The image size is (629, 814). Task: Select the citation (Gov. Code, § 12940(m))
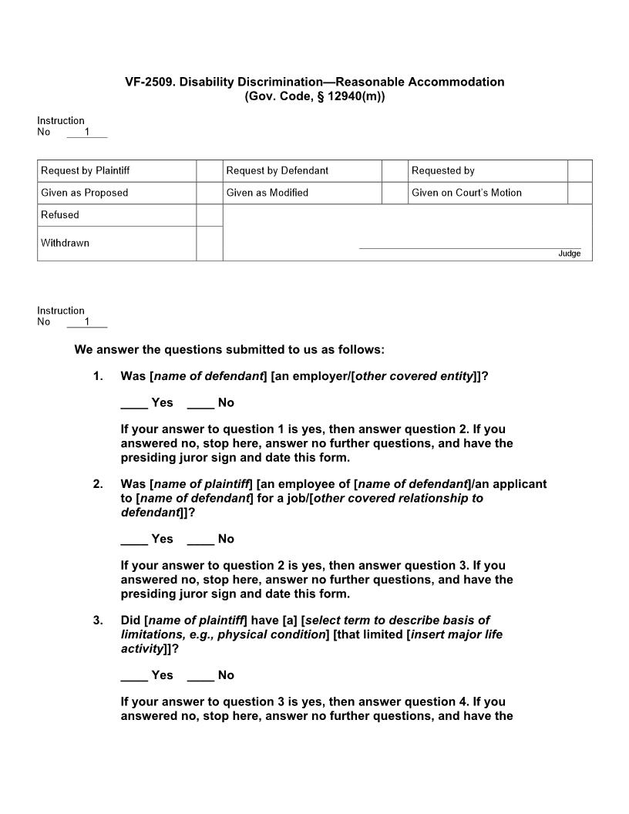tap(314, 96)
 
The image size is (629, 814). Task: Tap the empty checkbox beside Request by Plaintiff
tap(209, 170)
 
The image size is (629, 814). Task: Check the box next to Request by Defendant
tap(395, 170)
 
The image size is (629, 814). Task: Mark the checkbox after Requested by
tap(580, 170)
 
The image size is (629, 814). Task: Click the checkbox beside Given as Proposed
tap(209, 193)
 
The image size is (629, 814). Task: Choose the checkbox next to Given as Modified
tap(395, 193)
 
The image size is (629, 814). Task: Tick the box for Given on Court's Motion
tap(580, 193)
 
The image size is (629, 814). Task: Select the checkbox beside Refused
tap(209, 215)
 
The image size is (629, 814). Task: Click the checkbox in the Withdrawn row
tap(209, 244)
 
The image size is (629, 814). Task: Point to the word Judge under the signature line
tap(570, 254)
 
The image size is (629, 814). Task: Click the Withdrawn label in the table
tap(65, 243)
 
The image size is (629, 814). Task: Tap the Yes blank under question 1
tap(134, 403)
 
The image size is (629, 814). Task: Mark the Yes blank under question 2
tap(134, 540)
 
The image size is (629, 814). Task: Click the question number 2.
tap(98, 484)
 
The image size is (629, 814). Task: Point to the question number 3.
tap(98, 620)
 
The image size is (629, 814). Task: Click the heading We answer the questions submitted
tap(229, 350)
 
